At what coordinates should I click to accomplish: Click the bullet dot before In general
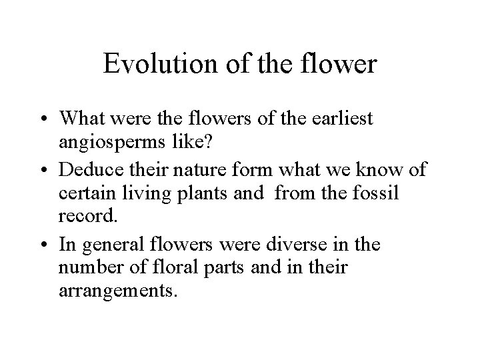[47, 245]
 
